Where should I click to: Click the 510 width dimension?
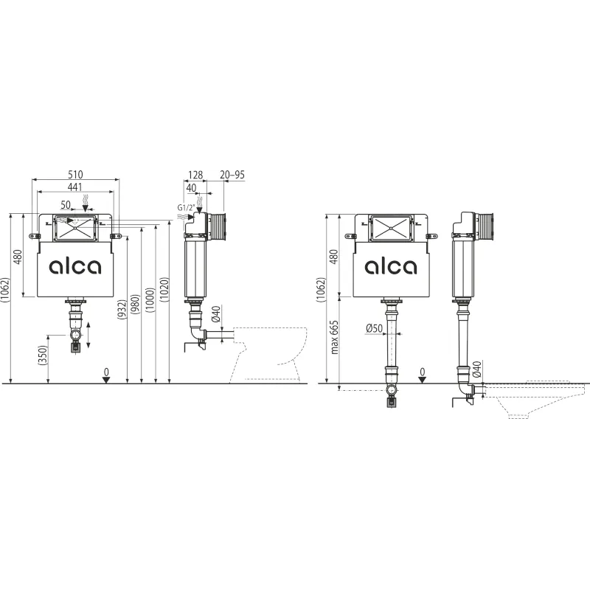point(75,175)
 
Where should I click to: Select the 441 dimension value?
point(75,187)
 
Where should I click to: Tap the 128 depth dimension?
point(195,175)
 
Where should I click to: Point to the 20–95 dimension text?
point(232,175)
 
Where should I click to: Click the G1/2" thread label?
point(187,207)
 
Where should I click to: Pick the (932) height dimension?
point(122,309)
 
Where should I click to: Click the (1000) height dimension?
point(150,300)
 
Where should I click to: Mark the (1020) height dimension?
point(164,289)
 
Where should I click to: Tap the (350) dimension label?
point(44,355)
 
